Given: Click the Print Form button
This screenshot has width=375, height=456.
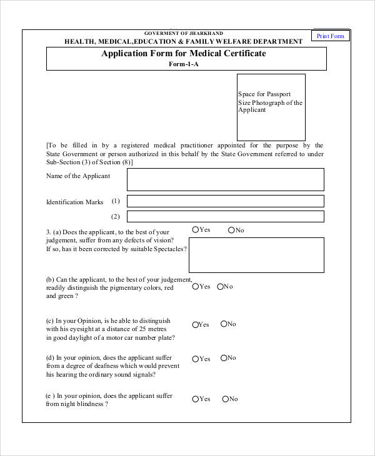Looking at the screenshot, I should [330, 36].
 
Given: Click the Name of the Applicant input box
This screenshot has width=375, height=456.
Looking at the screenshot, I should [225, 179].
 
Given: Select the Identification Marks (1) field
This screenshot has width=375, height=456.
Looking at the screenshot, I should [225, 201].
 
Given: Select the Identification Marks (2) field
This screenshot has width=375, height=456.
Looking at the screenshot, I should [225, 216].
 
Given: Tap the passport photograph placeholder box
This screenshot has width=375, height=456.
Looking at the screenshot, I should [271, 107].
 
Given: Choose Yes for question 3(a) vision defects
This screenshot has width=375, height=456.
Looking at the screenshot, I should [196, 230].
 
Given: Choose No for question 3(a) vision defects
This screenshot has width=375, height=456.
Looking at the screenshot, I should [231, 230].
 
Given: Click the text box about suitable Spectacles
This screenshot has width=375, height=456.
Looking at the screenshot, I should [256, 255].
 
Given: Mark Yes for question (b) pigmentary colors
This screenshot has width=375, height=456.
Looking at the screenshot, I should [196, 287].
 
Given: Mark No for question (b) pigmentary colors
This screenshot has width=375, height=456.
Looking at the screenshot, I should [220, 287].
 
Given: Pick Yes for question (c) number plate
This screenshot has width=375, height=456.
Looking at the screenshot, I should [196, 325].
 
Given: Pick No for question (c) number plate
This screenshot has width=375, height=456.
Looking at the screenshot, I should [223, 324].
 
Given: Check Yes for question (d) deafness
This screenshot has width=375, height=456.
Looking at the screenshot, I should [196, 359].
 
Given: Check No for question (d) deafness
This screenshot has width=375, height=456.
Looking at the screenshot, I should [223, 358].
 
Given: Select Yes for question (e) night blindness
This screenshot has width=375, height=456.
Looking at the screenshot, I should [196, 399].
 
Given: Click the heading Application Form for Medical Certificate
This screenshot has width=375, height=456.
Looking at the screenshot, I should [183, 54].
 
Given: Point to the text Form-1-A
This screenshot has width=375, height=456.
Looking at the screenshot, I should [183, 64].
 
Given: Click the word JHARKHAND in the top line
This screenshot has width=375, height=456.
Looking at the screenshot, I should [204, 33].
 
